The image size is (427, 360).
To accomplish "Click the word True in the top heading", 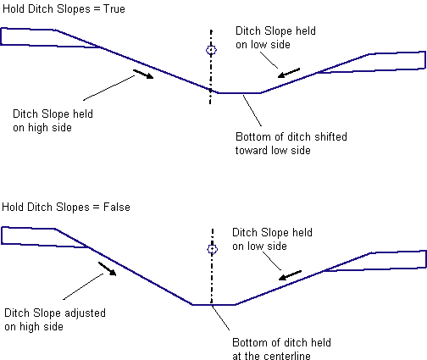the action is (x=114, y=9).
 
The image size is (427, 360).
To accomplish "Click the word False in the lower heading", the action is (x=117, y=207).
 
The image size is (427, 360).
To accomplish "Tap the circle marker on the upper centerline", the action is (x=211, y=50).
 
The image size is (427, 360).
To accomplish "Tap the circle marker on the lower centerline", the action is (x=212, y=249).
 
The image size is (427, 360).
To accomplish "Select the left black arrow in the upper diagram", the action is (x=143, y=74).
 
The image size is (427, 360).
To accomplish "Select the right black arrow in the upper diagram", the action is (x=289, y=73).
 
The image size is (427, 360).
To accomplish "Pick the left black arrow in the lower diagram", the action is (x=108, y=269).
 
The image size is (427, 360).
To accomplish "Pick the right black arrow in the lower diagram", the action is (x=290, y=275).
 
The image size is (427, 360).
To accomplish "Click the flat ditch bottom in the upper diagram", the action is (x=240, y=92).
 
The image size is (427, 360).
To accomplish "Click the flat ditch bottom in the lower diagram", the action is (x=213, y=305).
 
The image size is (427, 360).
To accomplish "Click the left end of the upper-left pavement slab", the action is (x=1, y=36).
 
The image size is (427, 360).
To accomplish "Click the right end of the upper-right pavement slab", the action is (x=425, y=60).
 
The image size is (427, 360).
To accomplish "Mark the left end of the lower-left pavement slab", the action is (x=2, y=235).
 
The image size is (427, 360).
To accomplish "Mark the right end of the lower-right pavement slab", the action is (x=425, y=258).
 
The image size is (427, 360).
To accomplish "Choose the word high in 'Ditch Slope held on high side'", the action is (x=38, y=128).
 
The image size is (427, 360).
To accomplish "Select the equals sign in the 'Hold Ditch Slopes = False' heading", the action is (x=97, y=208).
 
